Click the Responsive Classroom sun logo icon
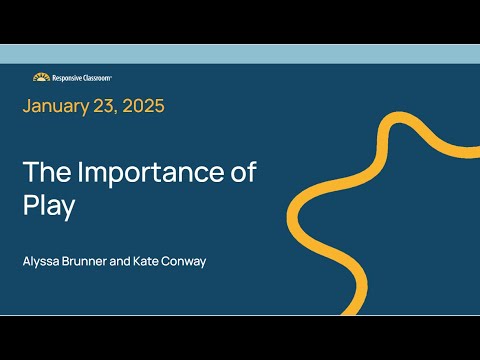pos(41,77)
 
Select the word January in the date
pos(59,105)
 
